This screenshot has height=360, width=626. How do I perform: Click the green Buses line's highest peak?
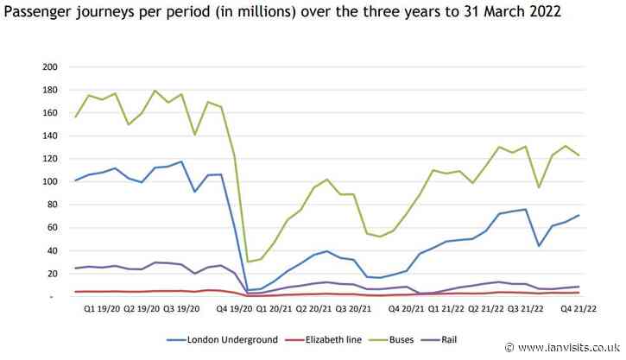click(x=155, y=91)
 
